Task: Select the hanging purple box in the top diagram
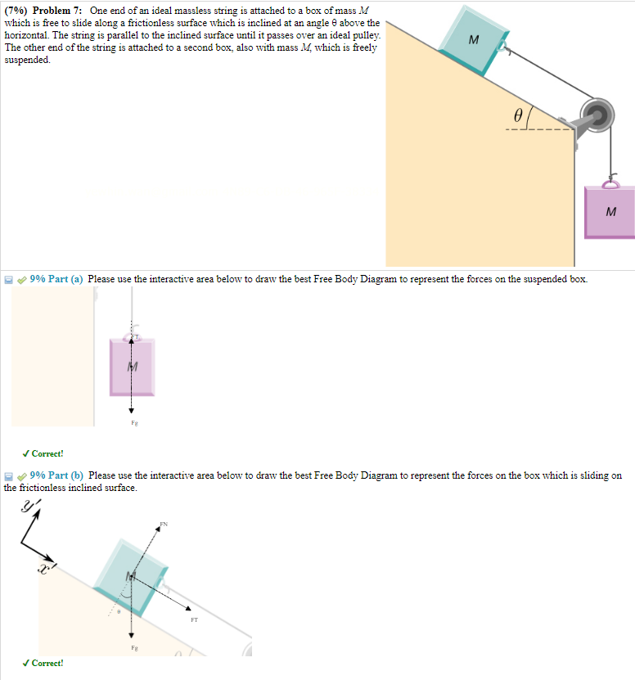pos(609,212)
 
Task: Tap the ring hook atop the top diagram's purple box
pos(610,181)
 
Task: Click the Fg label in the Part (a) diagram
pos(131,423)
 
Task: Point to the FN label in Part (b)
pos(164,523)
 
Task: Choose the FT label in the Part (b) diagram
pos(194,619)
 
